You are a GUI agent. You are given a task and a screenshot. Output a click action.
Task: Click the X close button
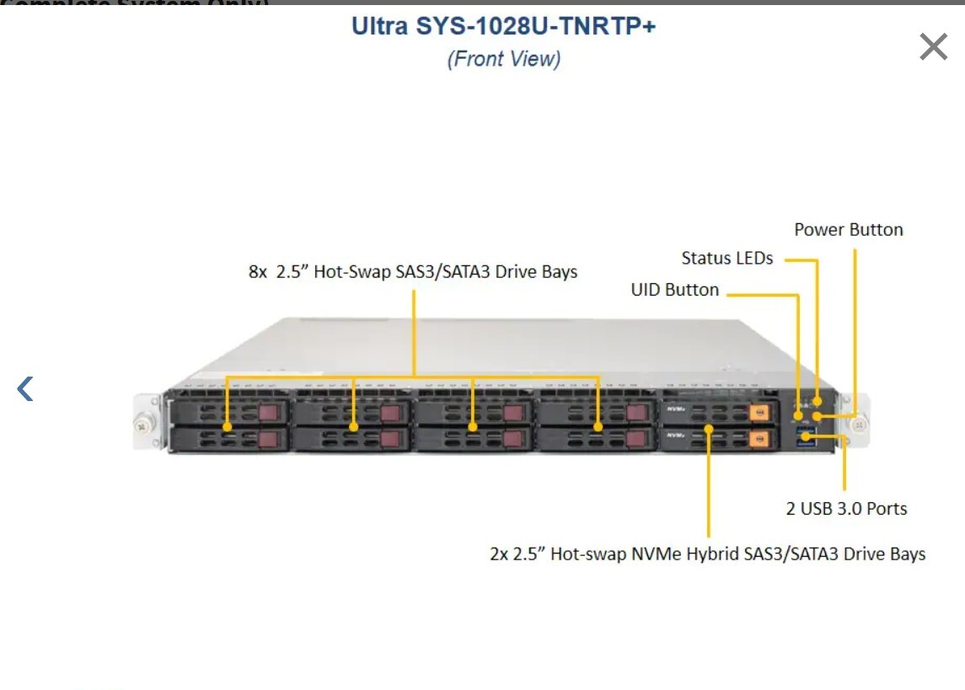point(934,47)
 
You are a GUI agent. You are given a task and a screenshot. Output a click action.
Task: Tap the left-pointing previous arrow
point(25,388)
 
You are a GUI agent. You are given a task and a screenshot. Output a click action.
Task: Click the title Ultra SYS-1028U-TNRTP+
point(503,26)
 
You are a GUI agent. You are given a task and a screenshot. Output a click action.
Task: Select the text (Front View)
point(503,59)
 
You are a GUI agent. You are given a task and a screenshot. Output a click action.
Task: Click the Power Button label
point(848,230)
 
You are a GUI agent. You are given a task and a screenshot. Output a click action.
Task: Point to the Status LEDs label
point(726,259)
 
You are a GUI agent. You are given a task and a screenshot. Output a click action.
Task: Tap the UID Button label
point(674,290)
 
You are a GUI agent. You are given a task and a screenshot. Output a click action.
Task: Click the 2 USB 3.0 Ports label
point(846,509)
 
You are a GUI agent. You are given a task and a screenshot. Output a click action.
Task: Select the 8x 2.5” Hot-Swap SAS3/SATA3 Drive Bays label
point(413,272)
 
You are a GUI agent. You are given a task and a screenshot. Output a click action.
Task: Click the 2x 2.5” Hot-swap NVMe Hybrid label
point(707,554)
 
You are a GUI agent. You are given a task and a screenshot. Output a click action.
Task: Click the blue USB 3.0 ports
point(807,436)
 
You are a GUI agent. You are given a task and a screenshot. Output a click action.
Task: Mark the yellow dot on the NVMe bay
point(709,429)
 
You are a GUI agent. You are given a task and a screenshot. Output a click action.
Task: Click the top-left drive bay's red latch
point(268,413)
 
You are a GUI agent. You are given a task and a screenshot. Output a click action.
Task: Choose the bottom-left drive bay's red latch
point(268,439)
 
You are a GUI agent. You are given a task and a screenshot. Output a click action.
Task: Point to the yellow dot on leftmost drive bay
point(228,427)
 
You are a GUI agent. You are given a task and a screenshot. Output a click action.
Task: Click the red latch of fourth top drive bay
point(635,413)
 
